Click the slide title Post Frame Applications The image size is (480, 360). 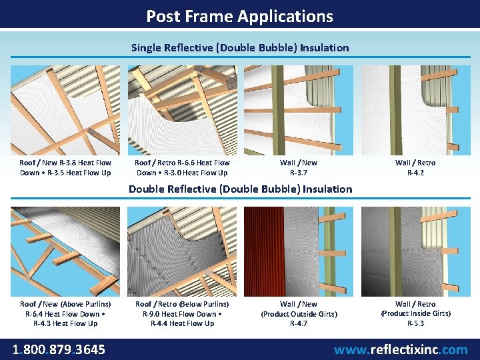[x=240, y=16]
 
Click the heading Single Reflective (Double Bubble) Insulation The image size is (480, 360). [x=240, y=48]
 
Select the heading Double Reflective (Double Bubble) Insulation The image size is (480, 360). [x=240, y=189]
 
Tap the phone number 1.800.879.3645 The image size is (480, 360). [x=59, y=349]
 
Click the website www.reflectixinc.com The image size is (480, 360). [x=401, y=349]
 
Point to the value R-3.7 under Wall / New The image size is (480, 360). [x=299, y=173]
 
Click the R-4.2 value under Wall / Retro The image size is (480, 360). [x=415, y=173]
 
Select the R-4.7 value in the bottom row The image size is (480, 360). [x=299, y=323]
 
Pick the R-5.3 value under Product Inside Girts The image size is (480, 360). [x=415, y=323]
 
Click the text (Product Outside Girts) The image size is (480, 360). [x=299, y=314]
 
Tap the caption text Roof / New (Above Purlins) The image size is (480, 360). [x=65, y=304]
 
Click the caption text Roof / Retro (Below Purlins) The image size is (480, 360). [x=182, y=304]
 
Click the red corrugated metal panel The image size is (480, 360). [x=265, y=251]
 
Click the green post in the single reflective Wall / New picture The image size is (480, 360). [x=278, y=110]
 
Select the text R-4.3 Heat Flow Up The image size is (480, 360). [x=65, y=323]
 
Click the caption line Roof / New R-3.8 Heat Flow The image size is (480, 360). [x=65, y=163]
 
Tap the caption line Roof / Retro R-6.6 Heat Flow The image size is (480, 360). [x=182, y=163]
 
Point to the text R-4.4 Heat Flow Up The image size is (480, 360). [x=182, y=323]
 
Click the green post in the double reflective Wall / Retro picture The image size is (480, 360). [x=395, y=251]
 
